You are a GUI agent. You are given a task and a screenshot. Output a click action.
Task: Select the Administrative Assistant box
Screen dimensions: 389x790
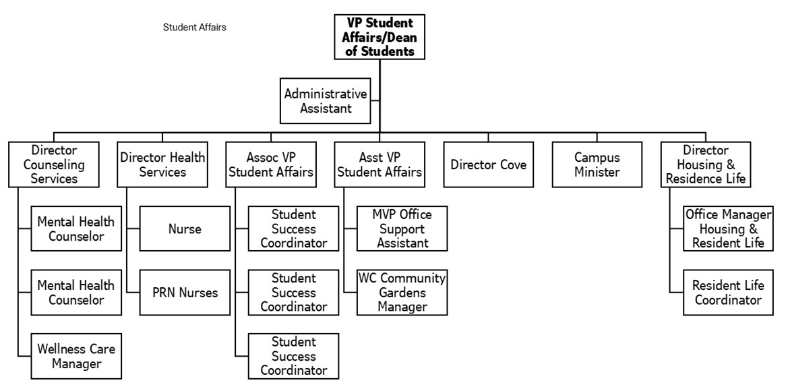click(x=325, y=101)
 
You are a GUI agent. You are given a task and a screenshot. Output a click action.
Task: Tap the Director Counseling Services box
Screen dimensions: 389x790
click(x=54, y=164)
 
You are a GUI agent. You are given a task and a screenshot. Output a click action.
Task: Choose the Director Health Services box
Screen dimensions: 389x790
click(x=162, y=164)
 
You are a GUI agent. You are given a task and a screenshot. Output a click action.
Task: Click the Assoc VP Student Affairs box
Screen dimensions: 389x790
click(x=271, y=164)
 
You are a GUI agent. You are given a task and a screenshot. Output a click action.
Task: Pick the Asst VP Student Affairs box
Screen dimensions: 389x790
click(x=379, y=164)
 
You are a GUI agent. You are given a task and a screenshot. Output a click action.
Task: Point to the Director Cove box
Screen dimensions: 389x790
click(x=489, y=164)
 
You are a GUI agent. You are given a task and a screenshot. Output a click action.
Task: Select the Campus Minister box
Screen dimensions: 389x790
click(x=597, y=164)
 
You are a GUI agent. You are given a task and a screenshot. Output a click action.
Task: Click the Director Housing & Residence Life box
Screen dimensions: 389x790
click(x=705, y=164)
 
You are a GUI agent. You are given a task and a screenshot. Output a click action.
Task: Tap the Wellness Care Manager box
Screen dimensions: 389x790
click(x=76, y=357)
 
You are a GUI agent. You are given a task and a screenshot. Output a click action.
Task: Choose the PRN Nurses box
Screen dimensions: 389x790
click(x=185, y=293)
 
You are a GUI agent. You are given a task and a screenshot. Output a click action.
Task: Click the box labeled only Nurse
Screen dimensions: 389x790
click(x=185, y=229)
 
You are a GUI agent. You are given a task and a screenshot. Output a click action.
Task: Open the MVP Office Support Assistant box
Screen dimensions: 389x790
click(x=402, y=229)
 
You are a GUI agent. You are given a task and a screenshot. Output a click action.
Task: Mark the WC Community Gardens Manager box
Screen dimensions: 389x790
click(x=402, y=293)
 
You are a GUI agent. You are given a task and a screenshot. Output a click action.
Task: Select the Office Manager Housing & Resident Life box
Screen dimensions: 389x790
click(x=728, y=229)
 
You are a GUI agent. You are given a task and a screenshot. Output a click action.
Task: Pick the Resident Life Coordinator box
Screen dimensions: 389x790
click(x=728, y=293)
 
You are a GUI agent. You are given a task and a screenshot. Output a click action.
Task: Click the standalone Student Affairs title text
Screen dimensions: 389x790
click(x=194, y=28)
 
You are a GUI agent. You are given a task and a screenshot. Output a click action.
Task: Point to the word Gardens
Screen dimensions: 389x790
click(x=402, y=293)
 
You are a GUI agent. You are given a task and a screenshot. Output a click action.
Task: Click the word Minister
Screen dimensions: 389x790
click(x=597, y=172)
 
